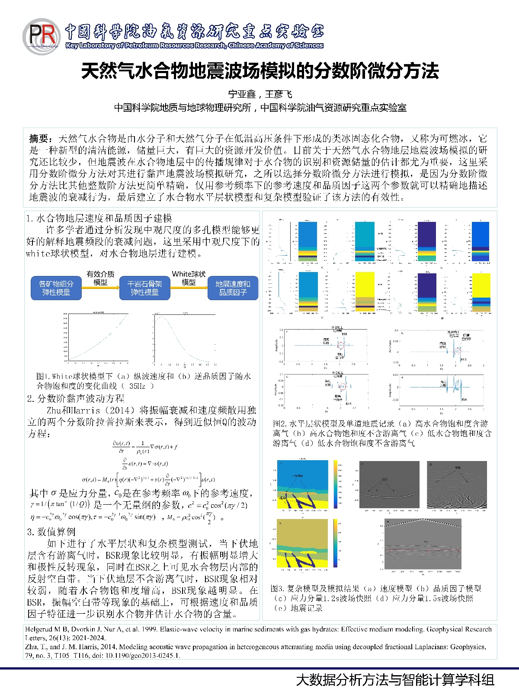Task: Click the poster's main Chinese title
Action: pyautogui.click(x=259, y=71)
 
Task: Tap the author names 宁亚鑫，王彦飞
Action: pyautogui.click(x=260, y=94)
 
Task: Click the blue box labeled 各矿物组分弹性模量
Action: pyautogui.click(x=56, y=288)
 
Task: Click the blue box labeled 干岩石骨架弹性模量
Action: pyautogui.click(x=144, y=288)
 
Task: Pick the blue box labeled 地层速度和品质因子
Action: pyautogui.click(x=233, y=288)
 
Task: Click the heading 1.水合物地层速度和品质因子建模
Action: pyautogui.click(x=99, y=218)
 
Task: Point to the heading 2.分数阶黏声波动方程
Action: pyautogui.click(x=76, y=398)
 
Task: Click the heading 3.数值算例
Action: pyautogui.click(x=51, y=532)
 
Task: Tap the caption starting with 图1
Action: pyautogui.click(x=143, y=381)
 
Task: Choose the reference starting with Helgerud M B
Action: pyautogui.click(x=258, y=633)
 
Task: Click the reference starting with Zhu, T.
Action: pyautogui.click(x=255, y=651)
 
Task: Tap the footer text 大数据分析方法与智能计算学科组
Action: pyautogui.click(x=395, y=679)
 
